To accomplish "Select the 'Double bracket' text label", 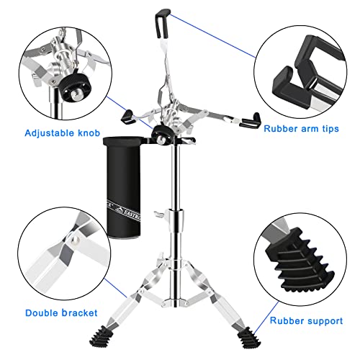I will pyautogui.click(x=57, y=312).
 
